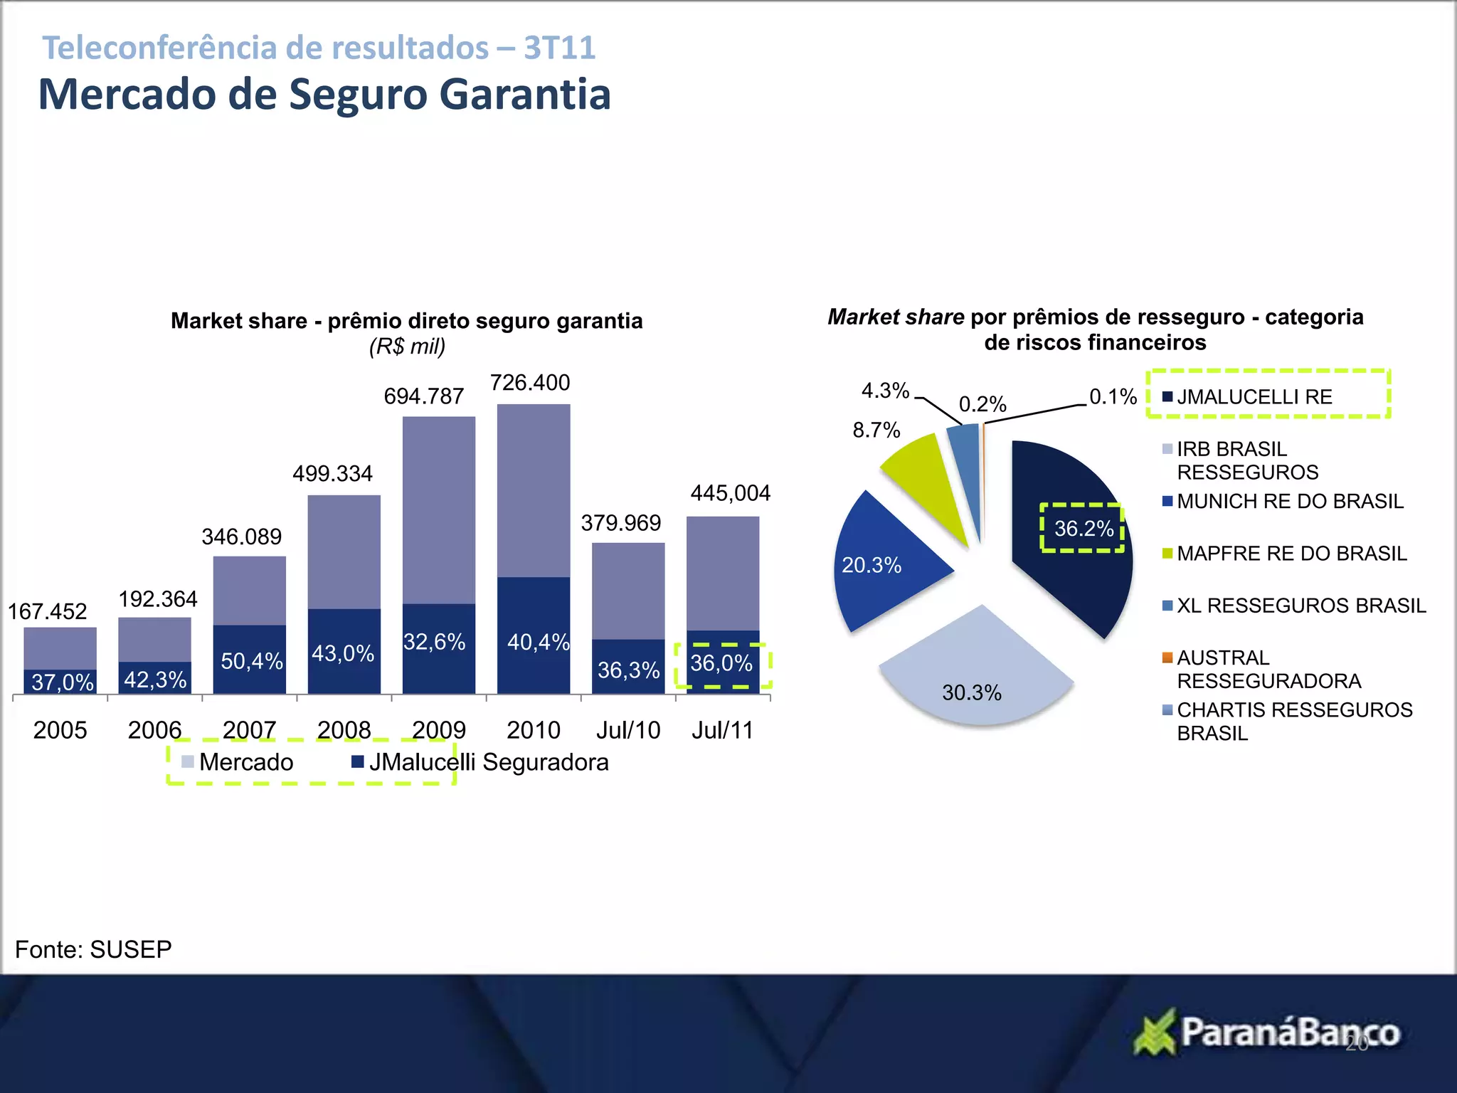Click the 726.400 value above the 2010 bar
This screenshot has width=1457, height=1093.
click(530, 383)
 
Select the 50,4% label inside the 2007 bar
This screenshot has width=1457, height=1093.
click(252, 661)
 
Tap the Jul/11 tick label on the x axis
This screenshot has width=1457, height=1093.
click(722, 730)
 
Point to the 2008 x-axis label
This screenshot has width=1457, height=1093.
click(344, 730)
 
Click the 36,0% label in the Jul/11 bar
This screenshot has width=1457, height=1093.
click(721, 663)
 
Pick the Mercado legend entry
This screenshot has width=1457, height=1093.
click(238, 762)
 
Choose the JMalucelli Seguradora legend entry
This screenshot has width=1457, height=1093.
click(480, 762)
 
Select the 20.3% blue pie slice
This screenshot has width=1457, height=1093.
click(882, 562)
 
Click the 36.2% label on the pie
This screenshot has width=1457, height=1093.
click(1083, 528)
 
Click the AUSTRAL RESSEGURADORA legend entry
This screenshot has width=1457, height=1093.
click(1268, 669)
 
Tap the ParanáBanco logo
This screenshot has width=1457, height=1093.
click(1266, 1032)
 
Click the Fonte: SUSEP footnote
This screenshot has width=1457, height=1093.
click(93, 949)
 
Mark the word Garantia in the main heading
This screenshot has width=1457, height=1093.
click(525, 94)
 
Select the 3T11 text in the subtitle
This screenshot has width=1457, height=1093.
click(559, 48)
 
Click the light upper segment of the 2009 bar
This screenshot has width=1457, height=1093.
click(438, 509)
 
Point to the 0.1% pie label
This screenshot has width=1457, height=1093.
click(1113, 397)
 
